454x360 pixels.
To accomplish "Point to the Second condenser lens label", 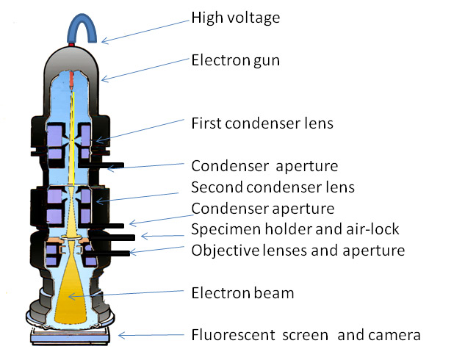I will [273, 187].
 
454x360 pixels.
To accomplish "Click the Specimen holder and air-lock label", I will [295, 229].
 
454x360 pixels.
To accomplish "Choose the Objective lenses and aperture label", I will [298, 251].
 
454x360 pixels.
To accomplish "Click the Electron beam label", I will [242, 293].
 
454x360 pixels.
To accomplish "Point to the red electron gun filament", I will [73, 78].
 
